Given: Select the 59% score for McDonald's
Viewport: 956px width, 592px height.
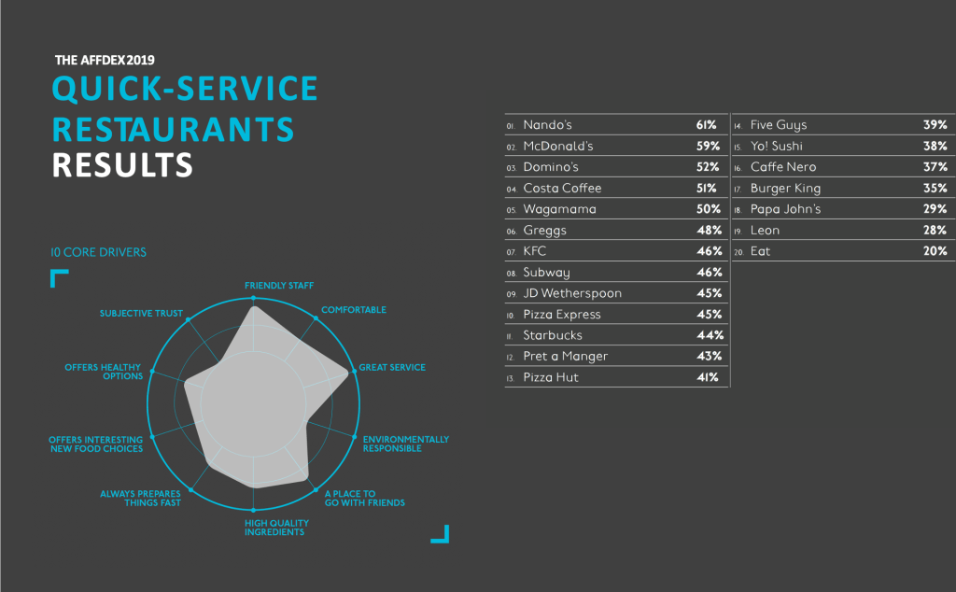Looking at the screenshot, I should tap(707, 147).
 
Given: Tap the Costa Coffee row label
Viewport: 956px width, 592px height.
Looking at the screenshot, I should tap(562, 189).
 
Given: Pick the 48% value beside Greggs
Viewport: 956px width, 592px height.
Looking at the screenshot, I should tap(707, 231).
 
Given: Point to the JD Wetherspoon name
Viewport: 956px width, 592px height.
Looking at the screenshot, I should tap(572, 293).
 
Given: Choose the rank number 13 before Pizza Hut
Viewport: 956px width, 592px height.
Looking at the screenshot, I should tap(511, 378).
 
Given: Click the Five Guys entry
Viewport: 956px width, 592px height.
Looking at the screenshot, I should tap(779, 125).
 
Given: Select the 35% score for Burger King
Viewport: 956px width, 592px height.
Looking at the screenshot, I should tap(935, 189).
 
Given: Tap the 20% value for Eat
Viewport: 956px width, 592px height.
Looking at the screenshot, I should tap(935, 251).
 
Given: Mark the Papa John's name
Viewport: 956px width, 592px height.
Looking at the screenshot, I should tap(785, 209).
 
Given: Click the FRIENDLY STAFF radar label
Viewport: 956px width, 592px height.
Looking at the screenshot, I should tap(279, 285).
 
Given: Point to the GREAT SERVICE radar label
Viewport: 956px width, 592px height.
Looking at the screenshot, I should tap(393, 368).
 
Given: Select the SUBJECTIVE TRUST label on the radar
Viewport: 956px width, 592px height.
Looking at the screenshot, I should tap(141, 314).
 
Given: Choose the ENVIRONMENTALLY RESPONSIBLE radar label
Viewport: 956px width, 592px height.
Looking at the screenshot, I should tap(406, 444).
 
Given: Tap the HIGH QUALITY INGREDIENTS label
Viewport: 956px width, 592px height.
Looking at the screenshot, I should tap(274, 528).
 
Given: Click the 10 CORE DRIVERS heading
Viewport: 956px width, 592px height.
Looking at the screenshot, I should tap(98, 252).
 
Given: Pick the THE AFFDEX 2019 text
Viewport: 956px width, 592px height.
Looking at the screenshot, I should tap(105, 60).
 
